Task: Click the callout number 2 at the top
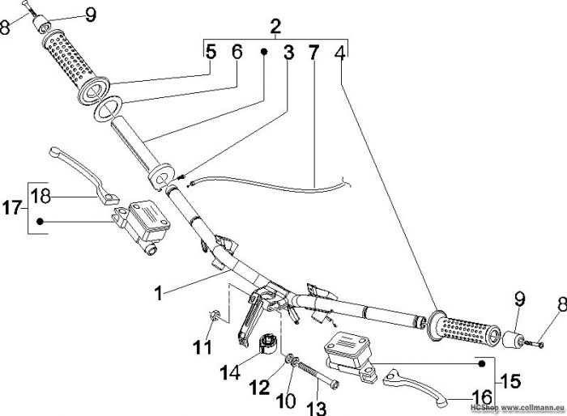[275, 25]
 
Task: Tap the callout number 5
[211, 53]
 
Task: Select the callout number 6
[237, 53]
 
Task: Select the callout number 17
[14, 207]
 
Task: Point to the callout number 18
[40, 195]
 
